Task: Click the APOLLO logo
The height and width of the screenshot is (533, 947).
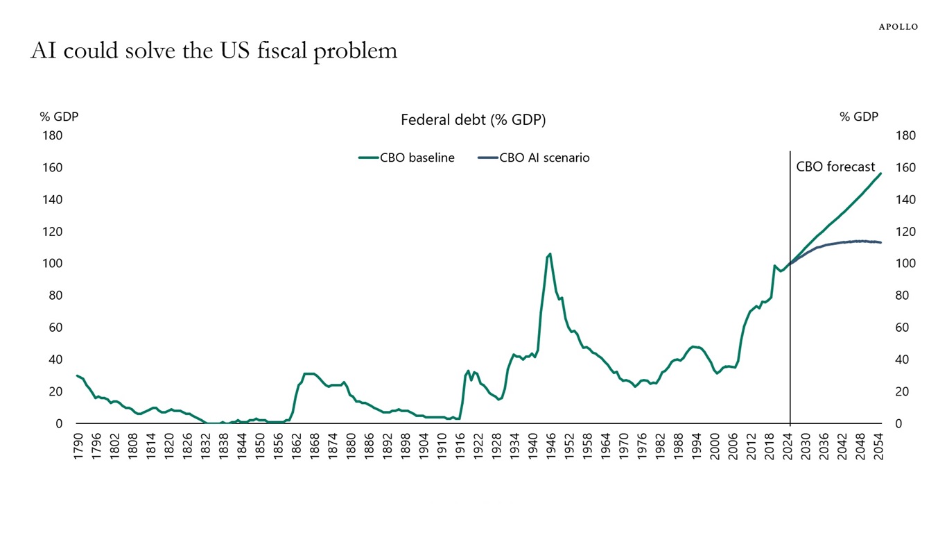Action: [x=898, y=27]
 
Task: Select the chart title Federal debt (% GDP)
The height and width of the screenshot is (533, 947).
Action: [x=473, y=120]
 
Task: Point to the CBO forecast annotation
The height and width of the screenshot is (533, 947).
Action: [x=835, y=167]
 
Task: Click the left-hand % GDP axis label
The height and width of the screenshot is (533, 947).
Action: [x=59, y=117]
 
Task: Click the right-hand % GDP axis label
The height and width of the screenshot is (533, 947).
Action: [x=859, y=117]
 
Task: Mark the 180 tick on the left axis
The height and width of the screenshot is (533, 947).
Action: [x=53, y=136]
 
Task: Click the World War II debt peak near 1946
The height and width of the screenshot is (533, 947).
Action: [x=550, y=254]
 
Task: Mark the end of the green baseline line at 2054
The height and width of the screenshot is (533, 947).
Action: [x=880, y=174]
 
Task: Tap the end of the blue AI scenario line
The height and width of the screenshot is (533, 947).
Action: [x=880, y=242]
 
